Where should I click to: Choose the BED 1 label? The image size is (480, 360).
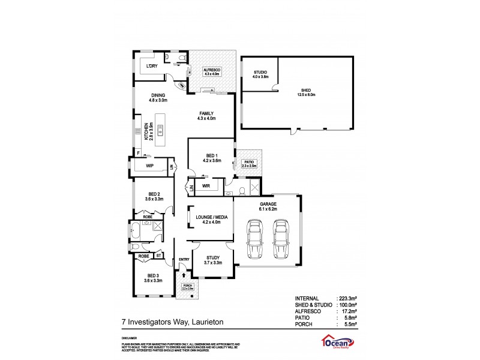click(205, 156)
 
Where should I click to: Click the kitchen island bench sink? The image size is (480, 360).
click(160, 127)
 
